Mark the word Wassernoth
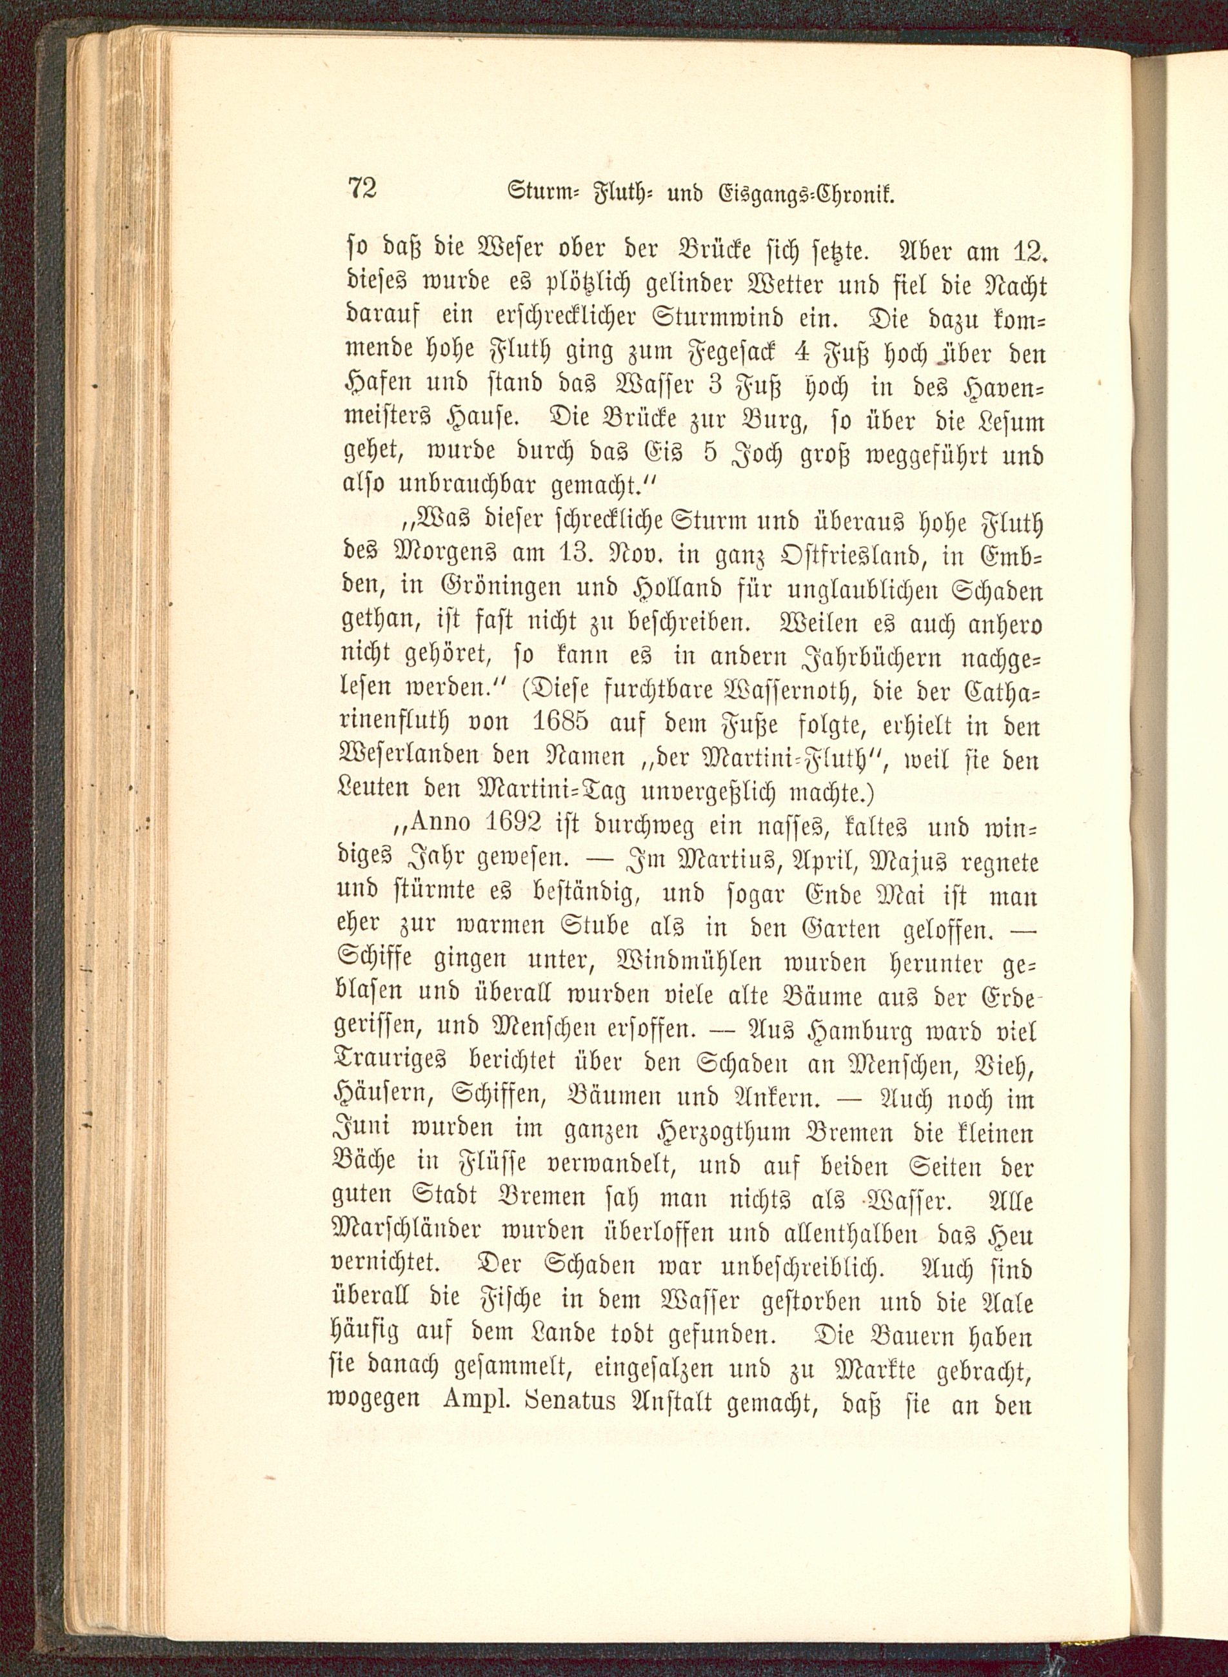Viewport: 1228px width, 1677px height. pos(804,691)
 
